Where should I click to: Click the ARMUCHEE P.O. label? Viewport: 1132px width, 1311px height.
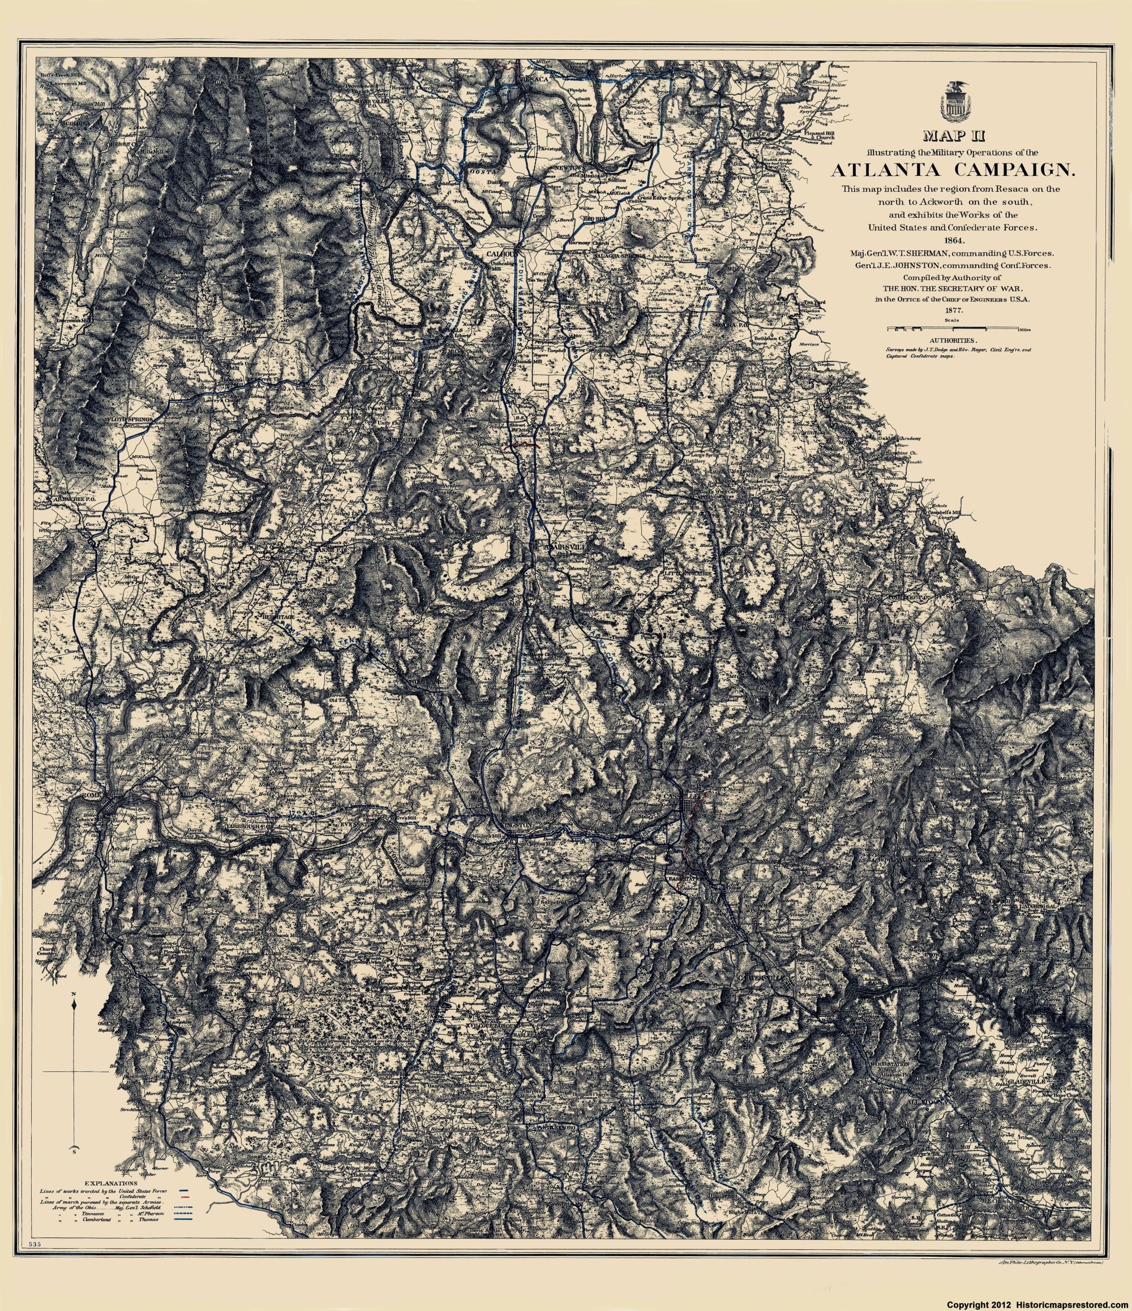click(x=74, y=500)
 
